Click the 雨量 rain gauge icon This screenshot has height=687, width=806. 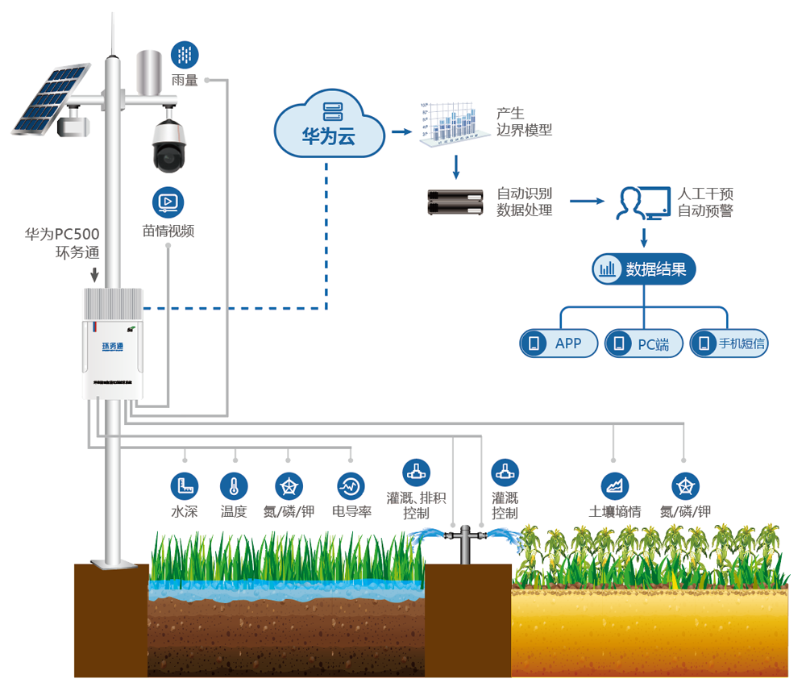click(185, 55)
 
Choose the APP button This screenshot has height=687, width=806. click(560, 343)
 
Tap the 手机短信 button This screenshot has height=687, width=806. click(729, 343)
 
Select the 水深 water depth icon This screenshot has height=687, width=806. click(184, 486)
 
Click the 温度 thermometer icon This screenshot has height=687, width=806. click(234, 486)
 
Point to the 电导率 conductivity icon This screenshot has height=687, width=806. click(351, 486)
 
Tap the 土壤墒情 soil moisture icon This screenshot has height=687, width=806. click(615, 485)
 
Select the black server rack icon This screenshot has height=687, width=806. click(454, 202)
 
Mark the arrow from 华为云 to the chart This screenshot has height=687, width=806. click(401, 131)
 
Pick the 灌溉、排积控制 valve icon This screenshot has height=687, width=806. click(416, 473)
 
